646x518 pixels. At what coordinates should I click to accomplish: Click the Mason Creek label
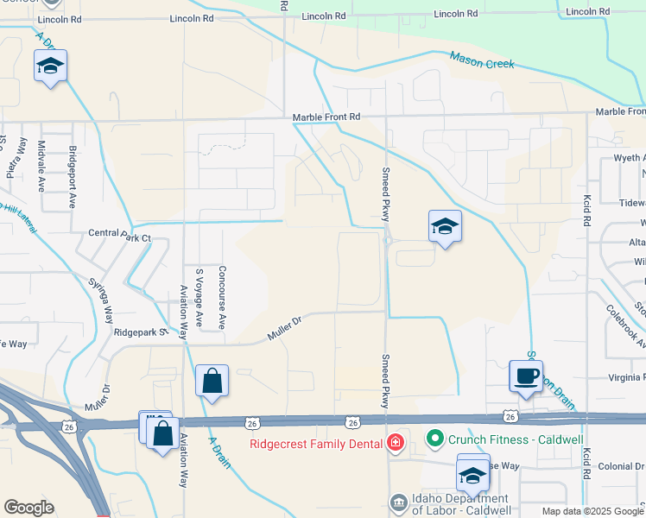pos(481,61)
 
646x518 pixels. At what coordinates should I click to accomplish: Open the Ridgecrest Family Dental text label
pos(316,445)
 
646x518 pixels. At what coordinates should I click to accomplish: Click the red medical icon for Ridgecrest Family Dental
pos(396,444)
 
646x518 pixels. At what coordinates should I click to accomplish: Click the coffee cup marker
pos(526,376)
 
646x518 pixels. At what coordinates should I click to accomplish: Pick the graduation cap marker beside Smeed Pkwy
pos(445,227)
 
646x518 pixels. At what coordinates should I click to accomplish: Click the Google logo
pos(28,508)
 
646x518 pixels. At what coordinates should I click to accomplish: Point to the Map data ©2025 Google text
pos(592,511)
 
